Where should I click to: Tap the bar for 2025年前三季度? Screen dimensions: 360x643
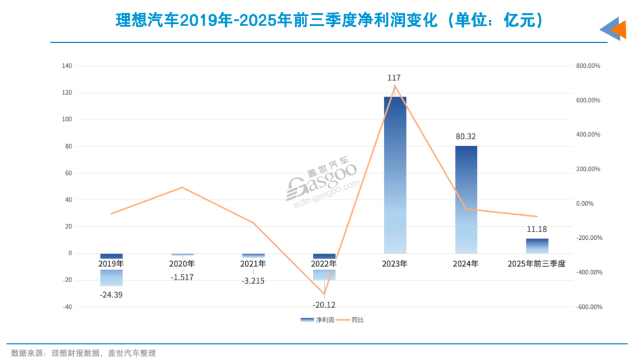coord(536,246)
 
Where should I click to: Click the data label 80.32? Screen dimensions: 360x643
coord(466,136)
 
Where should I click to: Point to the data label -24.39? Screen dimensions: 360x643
coord(111,293)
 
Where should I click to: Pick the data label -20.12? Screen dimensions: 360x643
coord(324,305)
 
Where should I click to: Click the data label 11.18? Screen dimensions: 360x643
coord(536,229)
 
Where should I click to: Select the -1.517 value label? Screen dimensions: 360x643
coord(182,277)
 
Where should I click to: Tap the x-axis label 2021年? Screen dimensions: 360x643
coord(253,263)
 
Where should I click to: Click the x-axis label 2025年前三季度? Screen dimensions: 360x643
coord(536,263)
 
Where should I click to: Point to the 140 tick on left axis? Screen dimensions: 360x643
coord(67,66)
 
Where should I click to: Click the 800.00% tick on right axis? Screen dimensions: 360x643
coord(589,66)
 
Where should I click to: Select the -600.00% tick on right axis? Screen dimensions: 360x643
coord(589,307)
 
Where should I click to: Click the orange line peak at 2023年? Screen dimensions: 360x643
coord(395,86)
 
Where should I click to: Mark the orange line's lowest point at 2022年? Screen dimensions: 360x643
coord(324,294)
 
